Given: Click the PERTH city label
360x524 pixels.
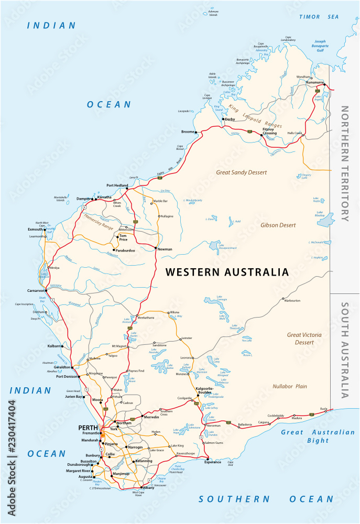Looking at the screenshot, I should (x=88, y=428).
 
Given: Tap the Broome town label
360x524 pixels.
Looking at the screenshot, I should (x=188, y=132).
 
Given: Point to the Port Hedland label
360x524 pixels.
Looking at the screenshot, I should (x=117, y=185).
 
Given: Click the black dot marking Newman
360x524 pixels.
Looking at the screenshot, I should (x=156, y=247).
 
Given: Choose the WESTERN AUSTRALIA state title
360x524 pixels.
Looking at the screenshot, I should (x=227, y=272).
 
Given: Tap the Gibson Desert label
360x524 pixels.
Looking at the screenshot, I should (x=278, y=225).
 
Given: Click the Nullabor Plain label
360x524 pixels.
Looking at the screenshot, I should (x=290, y=386).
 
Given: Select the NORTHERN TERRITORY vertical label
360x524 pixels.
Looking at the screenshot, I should (x=345, y=163).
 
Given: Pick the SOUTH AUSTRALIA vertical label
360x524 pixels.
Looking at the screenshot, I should (x=345, y=350).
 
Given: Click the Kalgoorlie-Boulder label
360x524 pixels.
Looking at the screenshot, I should (x=204, y=391).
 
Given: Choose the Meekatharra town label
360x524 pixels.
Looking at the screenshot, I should (x=147, y=316).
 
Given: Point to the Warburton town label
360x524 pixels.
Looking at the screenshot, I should (x=292, y=301).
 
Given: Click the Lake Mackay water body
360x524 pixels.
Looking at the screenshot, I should (x=325, y=219).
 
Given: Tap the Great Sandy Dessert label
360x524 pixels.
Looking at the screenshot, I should (x=242, y=172).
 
